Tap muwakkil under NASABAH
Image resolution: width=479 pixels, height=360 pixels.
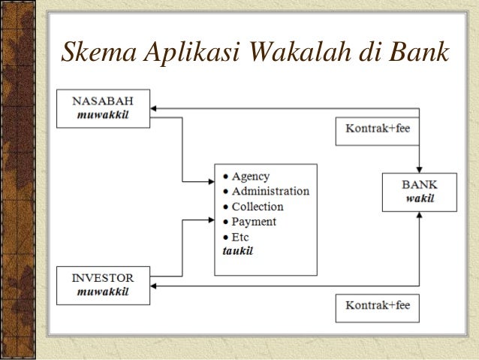point(103,115)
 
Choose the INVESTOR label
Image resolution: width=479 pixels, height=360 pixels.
point(104,279)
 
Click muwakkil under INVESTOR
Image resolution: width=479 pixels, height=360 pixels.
point(103,292)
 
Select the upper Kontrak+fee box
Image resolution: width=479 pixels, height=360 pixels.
point(377,129)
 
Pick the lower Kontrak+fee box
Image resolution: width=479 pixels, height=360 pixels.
point(377,307)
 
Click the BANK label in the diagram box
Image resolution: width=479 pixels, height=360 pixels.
point(420,185)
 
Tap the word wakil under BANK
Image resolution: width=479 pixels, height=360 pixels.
point(420,199)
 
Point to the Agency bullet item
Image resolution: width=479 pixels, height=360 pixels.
point(250,177)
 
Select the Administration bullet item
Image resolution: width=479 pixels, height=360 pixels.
point(270,192)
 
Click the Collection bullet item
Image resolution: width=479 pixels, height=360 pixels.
point(258,207)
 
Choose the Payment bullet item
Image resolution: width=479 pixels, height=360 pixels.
point(254,222)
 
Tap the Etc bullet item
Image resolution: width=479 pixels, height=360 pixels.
point(240,237)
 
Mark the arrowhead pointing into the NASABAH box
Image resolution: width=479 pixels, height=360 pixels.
point(155,109)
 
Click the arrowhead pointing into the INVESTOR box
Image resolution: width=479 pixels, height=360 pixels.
point(155,286)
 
